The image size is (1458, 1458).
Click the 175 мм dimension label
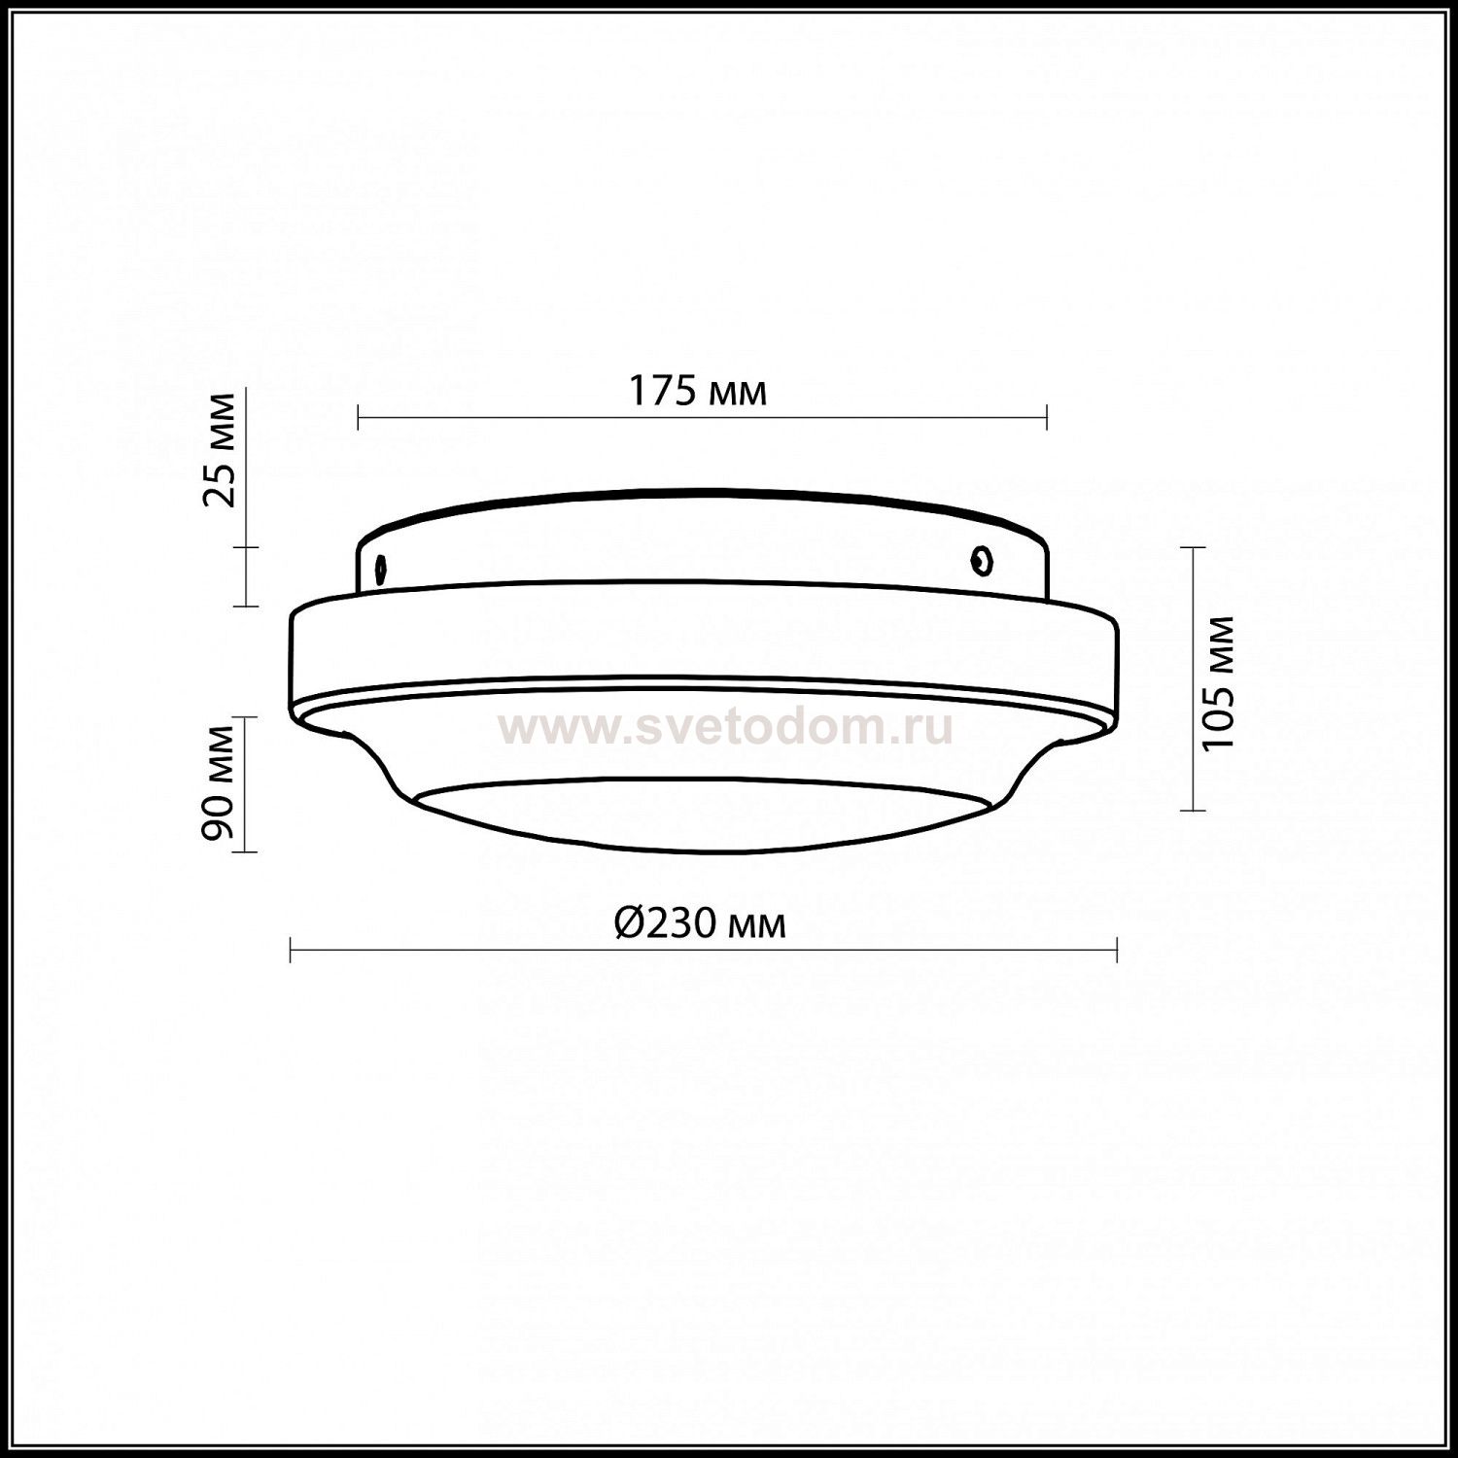(x=698, y=391)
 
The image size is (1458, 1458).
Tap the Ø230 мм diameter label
(x=700, y=923)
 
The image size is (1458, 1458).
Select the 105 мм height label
(x=1217, y=682)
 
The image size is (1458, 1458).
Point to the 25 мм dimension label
(x=220, y=449)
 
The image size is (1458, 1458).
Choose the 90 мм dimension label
(x=220, y=782)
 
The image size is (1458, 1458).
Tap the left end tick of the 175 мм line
(x=359, y=418)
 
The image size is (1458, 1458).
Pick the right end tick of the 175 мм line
(x=1046, y=418)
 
